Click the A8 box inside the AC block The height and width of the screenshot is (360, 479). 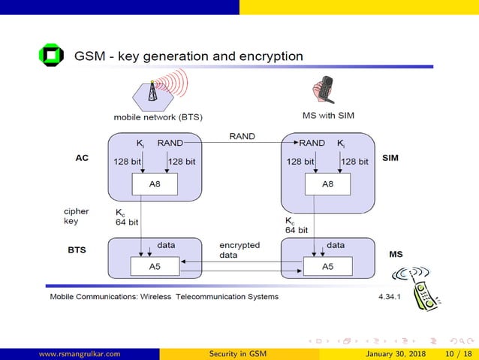coord(154,183)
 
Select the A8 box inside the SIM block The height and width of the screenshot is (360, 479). coord(327,183)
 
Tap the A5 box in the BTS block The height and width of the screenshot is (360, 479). coord(154,266)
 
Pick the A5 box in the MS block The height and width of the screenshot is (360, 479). coord(327,266)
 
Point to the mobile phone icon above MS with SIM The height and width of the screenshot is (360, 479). coord(324,91)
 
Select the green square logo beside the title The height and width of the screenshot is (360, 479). coord(52,56)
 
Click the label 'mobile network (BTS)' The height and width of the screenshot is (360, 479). coord(158,117)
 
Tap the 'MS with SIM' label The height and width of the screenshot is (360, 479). coord(327,115)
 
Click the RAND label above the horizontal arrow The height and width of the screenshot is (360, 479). coord(242,136)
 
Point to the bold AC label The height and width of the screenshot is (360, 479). coord(82,159)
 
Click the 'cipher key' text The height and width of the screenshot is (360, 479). coord(77,216)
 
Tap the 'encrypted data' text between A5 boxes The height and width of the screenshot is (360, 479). coord(239,250)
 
